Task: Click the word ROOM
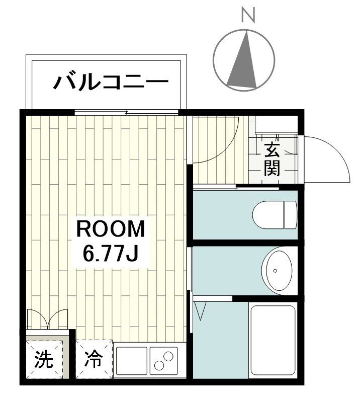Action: click(110, 230)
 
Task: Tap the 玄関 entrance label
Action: click(272, 159)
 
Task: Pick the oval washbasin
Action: click(276, 270)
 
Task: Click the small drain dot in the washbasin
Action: click(275, 271)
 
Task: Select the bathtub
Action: click(272, 340)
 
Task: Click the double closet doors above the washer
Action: click(47, 318)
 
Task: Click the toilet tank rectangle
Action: click(291, 213)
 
